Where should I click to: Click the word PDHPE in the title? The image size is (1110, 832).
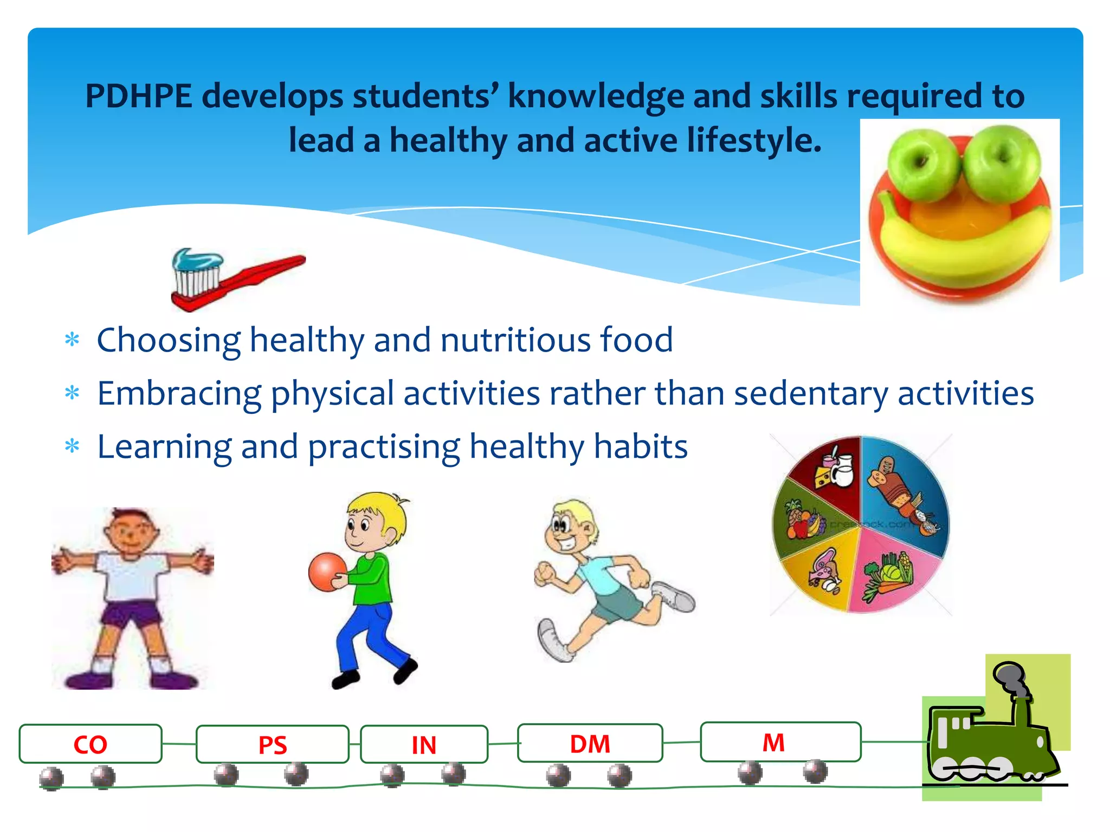tap(139, 96)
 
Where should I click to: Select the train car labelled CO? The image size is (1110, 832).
tap(91, 744)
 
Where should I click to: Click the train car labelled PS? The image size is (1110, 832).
tap(272, 744)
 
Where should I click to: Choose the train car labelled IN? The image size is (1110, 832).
tap(424, 744)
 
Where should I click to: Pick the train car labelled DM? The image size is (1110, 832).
tap(590, 743)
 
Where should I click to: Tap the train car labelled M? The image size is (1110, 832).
tap(780, 742)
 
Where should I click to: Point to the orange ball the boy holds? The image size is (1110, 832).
tap(327, 571)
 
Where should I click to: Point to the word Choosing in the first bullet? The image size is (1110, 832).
tap(168, 340)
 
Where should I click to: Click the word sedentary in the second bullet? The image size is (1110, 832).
tap(811, 393)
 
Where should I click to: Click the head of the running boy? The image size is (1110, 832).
tap(569, 525)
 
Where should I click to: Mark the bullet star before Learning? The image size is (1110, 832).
tap(72, 446)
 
